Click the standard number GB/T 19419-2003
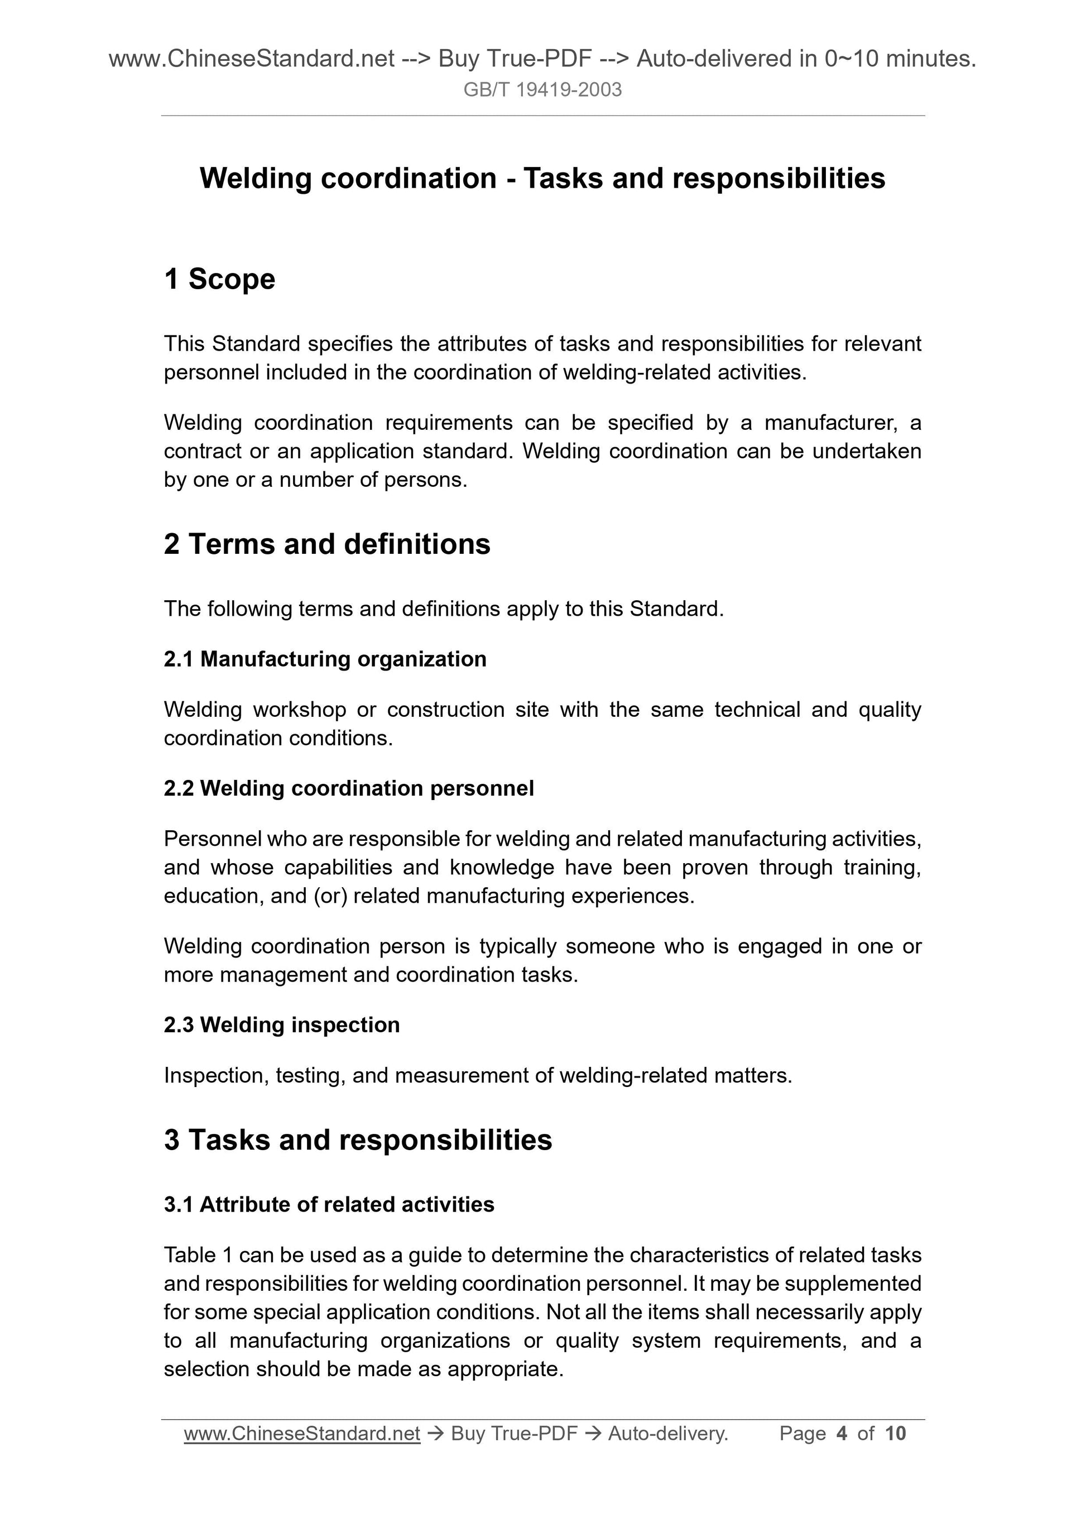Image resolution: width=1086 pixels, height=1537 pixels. click(542, 90)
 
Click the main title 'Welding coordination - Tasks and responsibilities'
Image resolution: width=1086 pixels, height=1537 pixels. click(542, 178)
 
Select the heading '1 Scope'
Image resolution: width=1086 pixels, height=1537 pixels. click(219, 279)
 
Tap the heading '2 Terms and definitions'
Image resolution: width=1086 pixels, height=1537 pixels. click(326, 544)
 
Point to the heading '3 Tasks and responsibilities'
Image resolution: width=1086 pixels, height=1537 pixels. click(357, 1139)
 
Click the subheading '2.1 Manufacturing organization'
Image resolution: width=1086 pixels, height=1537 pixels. click(325, 659)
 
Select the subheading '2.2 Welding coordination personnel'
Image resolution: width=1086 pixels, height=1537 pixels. click(349, 788)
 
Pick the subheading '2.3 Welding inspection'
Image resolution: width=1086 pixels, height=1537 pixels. click(282, 1024)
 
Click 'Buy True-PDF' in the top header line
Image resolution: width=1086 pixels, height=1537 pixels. click(515, 59)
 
